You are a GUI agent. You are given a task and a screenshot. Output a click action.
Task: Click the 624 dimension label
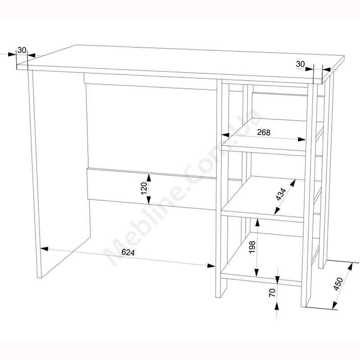128,252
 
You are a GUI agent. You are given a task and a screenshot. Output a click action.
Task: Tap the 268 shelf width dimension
264,132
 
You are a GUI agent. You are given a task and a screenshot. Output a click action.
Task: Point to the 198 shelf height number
252,247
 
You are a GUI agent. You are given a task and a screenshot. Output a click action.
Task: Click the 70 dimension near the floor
272,293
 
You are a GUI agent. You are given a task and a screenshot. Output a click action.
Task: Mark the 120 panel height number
144,188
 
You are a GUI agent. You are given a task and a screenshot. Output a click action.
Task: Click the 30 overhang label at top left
22,50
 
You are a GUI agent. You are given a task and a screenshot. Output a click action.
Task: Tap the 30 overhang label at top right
300,63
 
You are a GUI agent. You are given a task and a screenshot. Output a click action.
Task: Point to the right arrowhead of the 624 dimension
211,265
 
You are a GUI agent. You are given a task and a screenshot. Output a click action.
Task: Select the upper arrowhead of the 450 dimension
350,266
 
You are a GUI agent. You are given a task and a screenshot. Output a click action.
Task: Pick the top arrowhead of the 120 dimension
149,178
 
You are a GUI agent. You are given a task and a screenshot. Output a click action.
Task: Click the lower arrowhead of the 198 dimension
257,273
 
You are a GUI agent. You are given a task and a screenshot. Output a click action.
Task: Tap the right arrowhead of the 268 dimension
301,139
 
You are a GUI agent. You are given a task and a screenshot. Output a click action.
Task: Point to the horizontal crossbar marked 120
152,189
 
